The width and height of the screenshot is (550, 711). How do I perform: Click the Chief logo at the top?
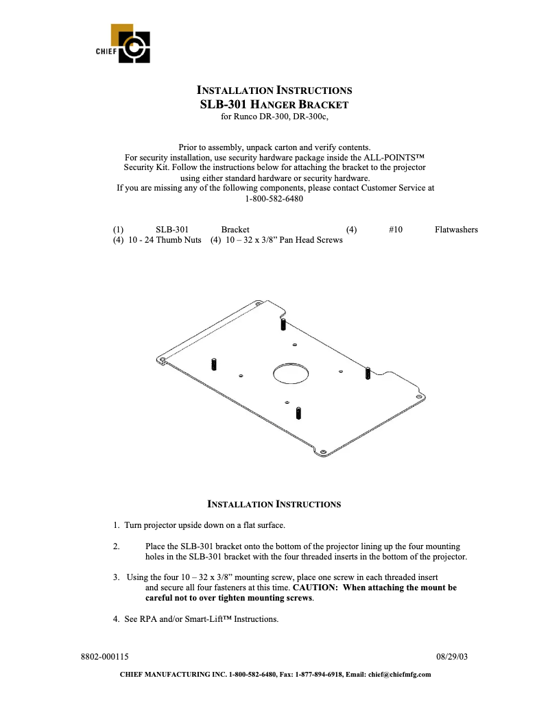click(130, 45)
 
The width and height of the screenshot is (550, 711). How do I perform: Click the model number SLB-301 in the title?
click(222, 104)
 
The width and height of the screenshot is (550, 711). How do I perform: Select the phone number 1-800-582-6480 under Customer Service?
click(274, 199)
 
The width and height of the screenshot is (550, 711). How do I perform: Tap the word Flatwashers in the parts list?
click(456, 230)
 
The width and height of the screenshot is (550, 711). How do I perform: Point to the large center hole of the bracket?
click(290, 373)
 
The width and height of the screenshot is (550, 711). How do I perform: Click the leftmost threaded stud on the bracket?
click(214, 363)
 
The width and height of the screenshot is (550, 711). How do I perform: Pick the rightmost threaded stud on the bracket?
click(368, 373)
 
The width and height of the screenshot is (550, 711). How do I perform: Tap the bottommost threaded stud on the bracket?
click(298, 413)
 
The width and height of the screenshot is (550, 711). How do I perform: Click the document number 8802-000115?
click(106, 656)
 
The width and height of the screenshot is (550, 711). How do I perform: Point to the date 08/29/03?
click(452, 656)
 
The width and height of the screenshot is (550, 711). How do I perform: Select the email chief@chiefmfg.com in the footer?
click(400, 675)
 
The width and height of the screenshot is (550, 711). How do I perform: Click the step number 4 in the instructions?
click(116, 619)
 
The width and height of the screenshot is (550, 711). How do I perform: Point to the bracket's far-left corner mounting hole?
click(163, 358)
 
